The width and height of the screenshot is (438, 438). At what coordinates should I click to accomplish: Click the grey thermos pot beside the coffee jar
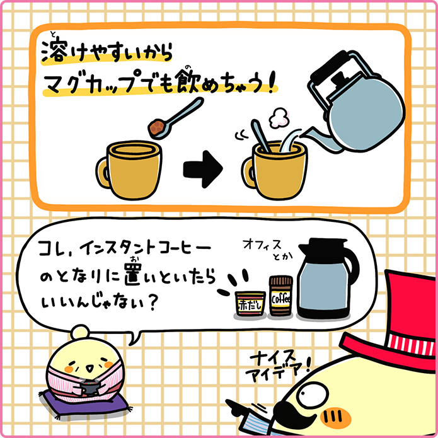pyautogui.click(x=328, y=284)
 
